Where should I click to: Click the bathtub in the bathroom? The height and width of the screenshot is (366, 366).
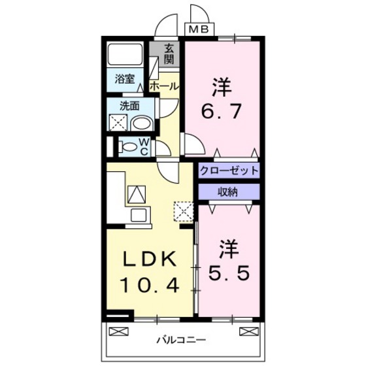tap(127, 55)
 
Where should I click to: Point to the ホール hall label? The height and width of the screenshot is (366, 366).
tap(164, 86)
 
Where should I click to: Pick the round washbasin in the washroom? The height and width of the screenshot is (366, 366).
tap(140, 124)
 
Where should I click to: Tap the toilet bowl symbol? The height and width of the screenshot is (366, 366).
tap(128, 147)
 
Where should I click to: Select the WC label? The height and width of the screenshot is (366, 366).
tap(144, 147)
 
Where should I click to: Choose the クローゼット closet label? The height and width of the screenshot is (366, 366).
tap(229, 171)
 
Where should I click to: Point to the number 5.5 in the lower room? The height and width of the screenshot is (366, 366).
tap(228, 272)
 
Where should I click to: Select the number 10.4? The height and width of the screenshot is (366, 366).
tap(150, 286)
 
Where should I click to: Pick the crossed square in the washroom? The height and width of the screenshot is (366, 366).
tap(118, 123)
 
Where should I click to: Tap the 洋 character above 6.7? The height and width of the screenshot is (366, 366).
tap(222, 87)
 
